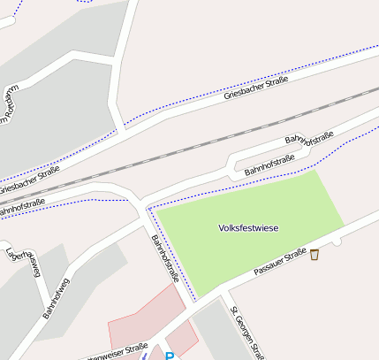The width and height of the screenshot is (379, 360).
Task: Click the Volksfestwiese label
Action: pos(248,228)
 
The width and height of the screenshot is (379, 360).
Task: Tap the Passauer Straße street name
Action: pos(279,263)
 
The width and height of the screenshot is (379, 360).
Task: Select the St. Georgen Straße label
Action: pos(246,333)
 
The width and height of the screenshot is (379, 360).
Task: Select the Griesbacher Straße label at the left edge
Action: pos(28,180)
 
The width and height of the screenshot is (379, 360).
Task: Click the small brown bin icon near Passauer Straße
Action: pos(315,255)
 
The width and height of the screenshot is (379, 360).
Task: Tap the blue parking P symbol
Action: pos(170,356)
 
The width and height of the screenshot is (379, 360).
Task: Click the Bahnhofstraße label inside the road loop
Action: pos(269,164)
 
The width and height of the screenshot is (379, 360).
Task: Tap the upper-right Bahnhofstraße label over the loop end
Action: pos(308,139)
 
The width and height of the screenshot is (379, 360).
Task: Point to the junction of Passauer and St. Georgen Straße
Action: pos(224,293)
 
